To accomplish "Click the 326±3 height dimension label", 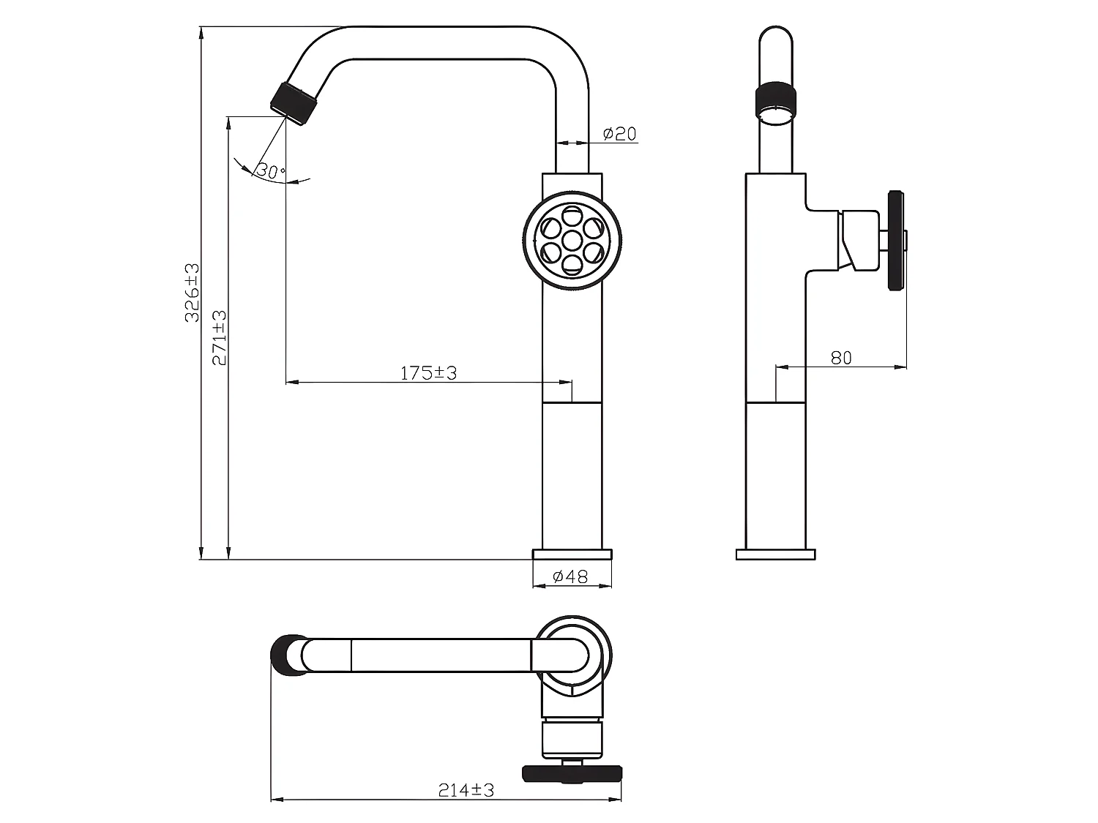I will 192,293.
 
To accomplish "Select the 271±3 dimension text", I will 220,338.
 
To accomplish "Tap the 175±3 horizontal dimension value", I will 428,373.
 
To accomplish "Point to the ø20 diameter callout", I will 619,134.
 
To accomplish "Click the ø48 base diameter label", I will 571,577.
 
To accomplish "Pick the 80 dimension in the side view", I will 842,358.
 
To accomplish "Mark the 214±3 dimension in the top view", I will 466,790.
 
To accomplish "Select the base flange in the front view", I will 572,554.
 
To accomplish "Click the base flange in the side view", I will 775,554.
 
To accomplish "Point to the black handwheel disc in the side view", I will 895,241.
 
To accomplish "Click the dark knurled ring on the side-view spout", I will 775,96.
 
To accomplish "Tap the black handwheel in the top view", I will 572,772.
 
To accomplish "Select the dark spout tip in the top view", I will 285,655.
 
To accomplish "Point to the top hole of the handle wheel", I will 572,217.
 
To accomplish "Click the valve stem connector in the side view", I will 860,240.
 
